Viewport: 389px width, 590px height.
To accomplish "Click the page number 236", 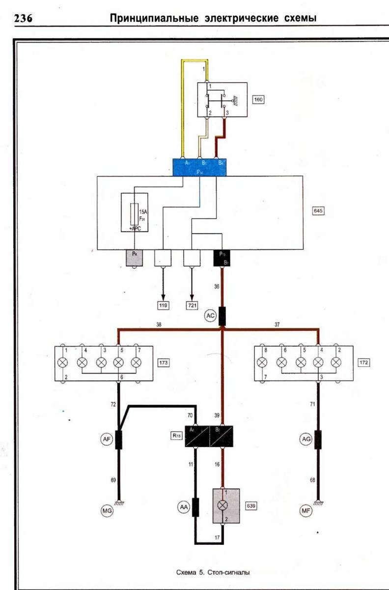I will [x=23, y=19].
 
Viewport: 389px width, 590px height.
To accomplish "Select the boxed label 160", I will [x=258, y=100].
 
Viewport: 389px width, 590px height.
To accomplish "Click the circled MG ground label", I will [x=107, y=511].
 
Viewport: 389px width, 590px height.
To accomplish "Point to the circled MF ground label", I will [x=306, y=511].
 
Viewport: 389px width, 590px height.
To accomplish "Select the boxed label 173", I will [x=164, y=363].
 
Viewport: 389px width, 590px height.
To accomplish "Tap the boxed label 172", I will [x=364, y=363].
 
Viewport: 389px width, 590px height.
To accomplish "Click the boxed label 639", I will [x=252, y=505].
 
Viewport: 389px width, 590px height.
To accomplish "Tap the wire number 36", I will [x=217, y=286].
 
